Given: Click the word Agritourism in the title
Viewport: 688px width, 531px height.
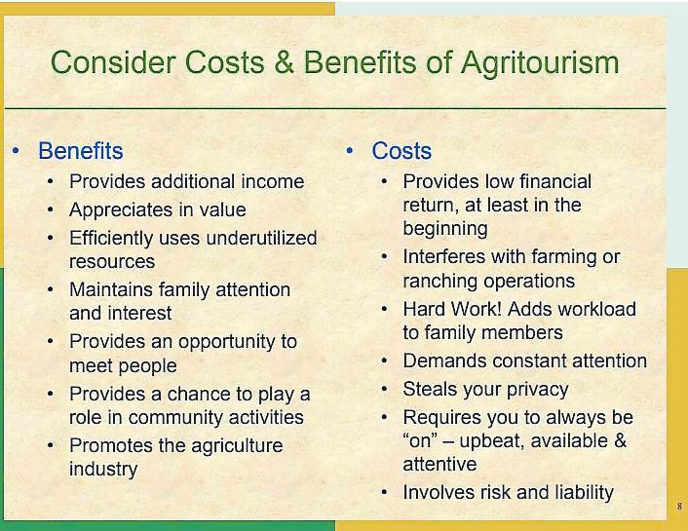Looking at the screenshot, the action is pyautogui.click(x=540, y=63).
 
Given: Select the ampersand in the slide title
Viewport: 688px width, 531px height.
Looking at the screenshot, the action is pyautogui.click(x=285, y=62).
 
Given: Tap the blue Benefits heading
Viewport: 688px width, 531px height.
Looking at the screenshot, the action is pyautogui.click(x=81, y=150).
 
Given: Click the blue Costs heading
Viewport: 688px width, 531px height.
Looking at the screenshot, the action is pyautogui.click(x=401, y=150).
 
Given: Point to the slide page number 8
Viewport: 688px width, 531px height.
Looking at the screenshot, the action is pyautogui.click(x=679, y=507).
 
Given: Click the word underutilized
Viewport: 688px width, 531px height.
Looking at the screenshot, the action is pyautogui.click(x=261, y=238).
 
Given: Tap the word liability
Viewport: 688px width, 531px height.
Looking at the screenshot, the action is pyautogui.click(x=584, y=491).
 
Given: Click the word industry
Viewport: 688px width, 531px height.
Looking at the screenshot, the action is pyautogui.click(x=103, y=469).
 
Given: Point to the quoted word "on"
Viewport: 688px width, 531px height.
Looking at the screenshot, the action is pyautogui.click(x=420, y=440).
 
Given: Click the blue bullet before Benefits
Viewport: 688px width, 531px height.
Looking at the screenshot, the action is pyautogui.click(x=17, y=151).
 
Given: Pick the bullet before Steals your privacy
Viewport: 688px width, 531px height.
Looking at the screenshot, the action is pyautogui.click(x=384, y=390).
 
